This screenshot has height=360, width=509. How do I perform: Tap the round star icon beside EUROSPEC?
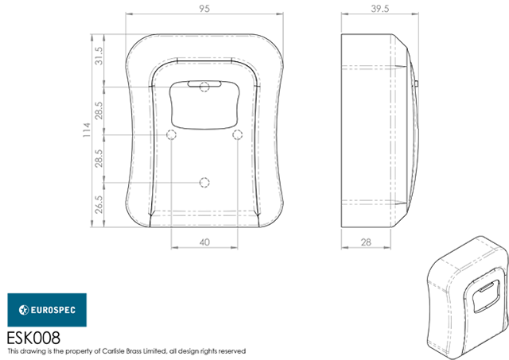click(x=24, y=310)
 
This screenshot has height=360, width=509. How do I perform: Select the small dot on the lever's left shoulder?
click(x=169, y=137)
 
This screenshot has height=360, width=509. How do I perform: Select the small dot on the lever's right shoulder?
click(x=237, y=137)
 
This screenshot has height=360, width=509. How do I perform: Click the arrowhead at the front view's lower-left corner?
click(x=144, y=216)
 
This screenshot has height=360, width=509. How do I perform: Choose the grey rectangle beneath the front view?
click(x=203, y=266)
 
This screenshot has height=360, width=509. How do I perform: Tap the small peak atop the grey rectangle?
click(x=205, y=236)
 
